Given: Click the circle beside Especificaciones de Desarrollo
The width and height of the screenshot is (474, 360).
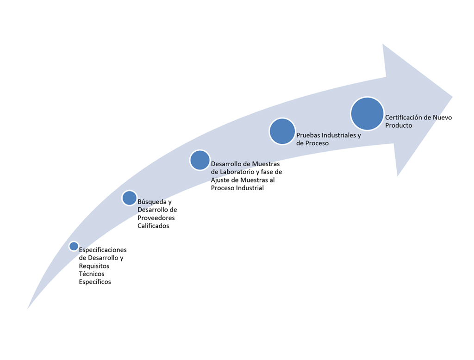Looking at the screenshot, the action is (74, 246).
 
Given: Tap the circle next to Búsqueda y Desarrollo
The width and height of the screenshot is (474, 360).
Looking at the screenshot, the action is (130, 198).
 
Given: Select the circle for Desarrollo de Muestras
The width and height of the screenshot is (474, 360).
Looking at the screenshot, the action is (200, 160).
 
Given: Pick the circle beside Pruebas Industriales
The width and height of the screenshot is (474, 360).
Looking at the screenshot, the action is (282, 131).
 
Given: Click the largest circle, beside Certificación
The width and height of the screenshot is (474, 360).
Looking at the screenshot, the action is (367, 114).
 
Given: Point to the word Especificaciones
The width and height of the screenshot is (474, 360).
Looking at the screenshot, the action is (103, 250).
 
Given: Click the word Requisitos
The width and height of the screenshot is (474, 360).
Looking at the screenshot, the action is (94, 266).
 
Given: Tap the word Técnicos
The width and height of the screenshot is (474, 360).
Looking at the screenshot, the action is (92, 274).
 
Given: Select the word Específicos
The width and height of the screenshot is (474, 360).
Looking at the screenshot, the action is (95, 282).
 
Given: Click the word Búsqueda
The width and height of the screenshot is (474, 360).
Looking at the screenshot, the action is (151, 202).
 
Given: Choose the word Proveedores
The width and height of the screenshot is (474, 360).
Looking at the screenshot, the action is (156, 218).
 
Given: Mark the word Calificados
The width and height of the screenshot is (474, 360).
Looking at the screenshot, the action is (153, 226).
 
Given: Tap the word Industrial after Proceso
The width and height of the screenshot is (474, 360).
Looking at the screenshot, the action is (250, 188).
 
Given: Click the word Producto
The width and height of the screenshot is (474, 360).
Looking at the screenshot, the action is (399, 125).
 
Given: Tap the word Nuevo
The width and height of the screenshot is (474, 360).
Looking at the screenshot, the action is (442, 118).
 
